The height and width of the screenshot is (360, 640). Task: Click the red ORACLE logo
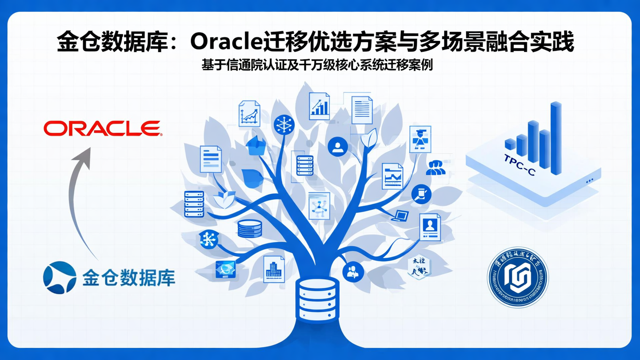click(x=103, y=128)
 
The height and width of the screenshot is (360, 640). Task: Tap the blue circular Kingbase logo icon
click(x=60, y=277)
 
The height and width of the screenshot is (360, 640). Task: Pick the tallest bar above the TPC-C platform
click(x=556, y=137)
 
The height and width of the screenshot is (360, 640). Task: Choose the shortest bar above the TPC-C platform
click(x=510, y=144)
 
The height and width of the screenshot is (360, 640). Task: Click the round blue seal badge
click(x=518, y=277)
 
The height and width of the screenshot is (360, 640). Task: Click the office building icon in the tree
click(x=274, y=269)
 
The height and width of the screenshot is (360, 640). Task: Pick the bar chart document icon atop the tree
click(x=319, y=106)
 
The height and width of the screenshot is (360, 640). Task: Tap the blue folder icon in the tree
click(x=256, y=146)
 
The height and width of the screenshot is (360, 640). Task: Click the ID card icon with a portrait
click(x=430, y=227)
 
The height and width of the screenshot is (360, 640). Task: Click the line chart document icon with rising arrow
click(x=249, y=114)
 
